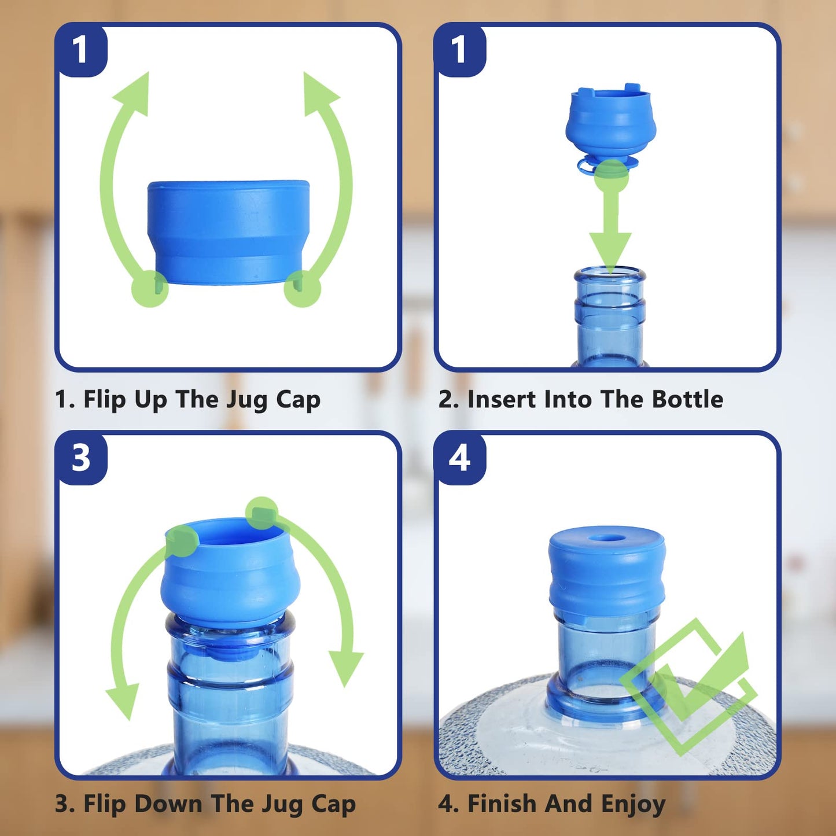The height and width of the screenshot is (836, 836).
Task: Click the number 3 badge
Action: point(81,459)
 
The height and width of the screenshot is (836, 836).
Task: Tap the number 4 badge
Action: point(460,459)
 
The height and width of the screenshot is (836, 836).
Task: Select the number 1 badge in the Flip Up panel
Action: point(81,50)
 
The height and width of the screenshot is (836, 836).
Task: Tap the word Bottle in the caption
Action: point(687,399)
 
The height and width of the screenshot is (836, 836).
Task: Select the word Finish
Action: point(501,804)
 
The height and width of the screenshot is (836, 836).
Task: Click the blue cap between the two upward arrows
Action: point(229,231)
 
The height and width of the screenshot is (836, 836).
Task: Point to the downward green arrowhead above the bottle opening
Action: point(610,249)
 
